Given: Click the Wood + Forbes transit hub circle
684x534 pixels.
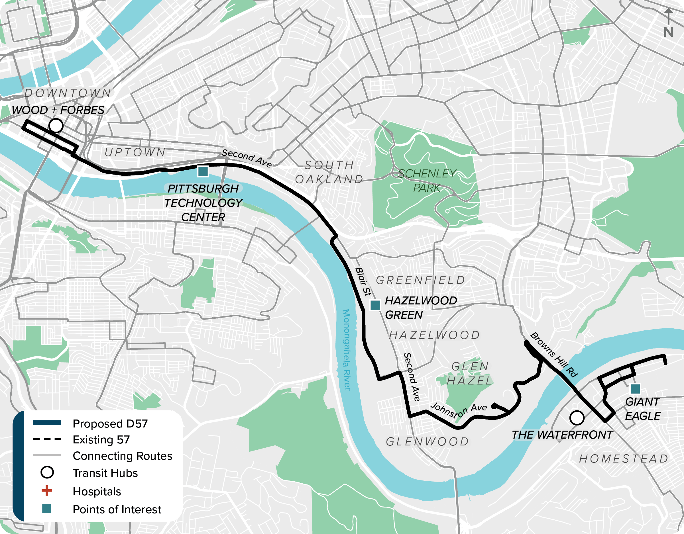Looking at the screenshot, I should (x=56, y=126).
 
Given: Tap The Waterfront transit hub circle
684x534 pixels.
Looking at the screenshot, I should (x=577, y=418).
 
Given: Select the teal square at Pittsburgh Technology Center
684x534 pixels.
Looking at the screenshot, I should (x=203, y=171).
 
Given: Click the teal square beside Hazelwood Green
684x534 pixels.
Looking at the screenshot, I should (x=375, y=305).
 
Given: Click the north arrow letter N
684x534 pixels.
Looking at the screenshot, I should (x=668, y=32).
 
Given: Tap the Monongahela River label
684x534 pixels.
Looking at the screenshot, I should (x=347, y=350).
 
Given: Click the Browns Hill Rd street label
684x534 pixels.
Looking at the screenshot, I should (x=554, y=355).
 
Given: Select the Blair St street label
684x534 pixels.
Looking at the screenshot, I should (x=363, y=281).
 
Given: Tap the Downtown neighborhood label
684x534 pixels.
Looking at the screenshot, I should (x=68, y=93).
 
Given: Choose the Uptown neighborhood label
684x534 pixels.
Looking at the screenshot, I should (x=135, y=152).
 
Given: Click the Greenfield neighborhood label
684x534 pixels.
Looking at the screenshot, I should (x=421, y=280).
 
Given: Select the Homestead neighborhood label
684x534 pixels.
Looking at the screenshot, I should (x=624, y=459).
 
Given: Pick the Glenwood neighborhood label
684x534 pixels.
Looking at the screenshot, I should (x=427, y=441).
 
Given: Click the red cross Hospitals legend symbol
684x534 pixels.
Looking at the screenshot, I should (x=47, y=490).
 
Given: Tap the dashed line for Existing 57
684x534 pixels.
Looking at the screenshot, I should (x=47, y=439).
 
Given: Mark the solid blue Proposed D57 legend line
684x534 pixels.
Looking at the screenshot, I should (x=47, y=423).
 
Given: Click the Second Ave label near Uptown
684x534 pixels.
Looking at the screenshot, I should (x=247, y=158).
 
